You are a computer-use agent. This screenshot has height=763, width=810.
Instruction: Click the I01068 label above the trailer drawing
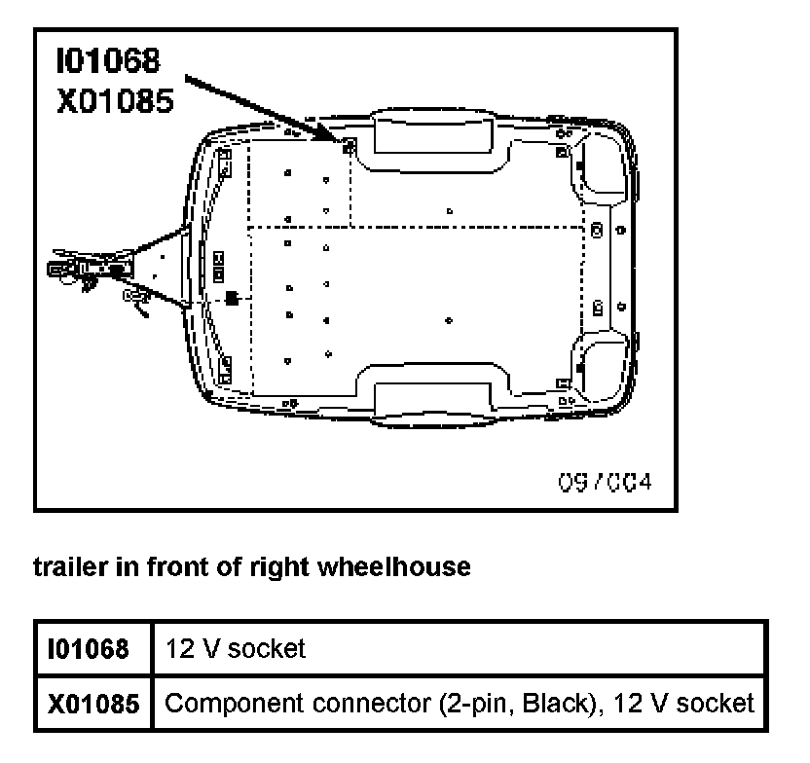107,61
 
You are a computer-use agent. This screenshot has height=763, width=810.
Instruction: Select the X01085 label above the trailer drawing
115,101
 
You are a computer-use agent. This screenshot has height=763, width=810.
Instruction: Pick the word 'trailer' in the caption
64,567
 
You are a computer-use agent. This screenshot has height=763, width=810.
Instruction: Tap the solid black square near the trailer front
232,297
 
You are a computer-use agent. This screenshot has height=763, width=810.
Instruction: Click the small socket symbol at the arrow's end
349,147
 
